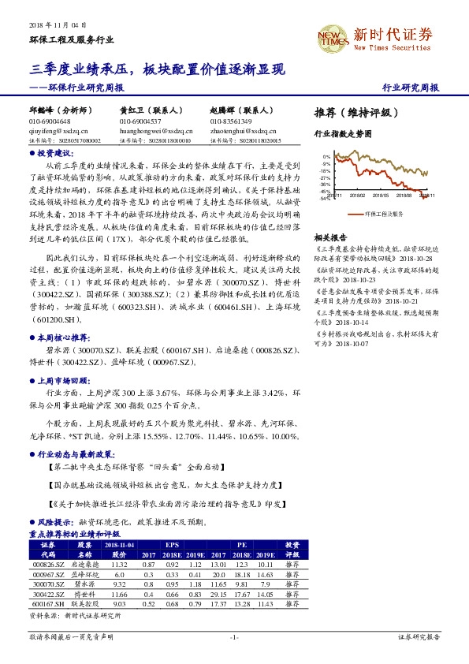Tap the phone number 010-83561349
(231, 121)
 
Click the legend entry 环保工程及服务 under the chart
(384, 213)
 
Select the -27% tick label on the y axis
(325, 177)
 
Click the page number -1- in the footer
(233, 636)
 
